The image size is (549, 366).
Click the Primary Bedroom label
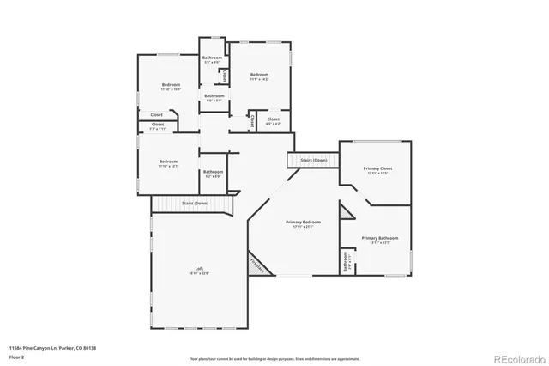click(304, 222)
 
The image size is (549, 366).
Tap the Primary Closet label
click(377, 169)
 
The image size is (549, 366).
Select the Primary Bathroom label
click(379, 238)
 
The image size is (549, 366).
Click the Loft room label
click(199, 269)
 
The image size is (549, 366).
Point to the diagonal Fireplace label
click(256, 265)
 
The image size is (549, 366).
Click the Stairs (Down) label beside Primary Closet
click(313, 161)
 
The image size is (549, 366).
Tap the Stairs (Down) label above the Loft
click(195, 204)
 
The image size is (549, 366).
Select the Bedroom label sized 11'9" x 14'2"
click(260, 76)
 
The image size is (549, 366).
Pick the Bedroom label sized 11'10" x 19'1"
click(171, 85)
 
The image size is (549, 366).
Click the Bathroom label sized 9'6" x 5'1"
click(214, 96)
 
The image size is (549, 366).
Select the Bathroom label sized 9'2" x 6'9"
click(213, 172)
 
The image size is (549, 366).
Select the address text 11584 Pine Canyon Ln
click(43, 347)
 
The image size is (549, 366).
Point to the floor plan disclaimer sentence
click(274, 358)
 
